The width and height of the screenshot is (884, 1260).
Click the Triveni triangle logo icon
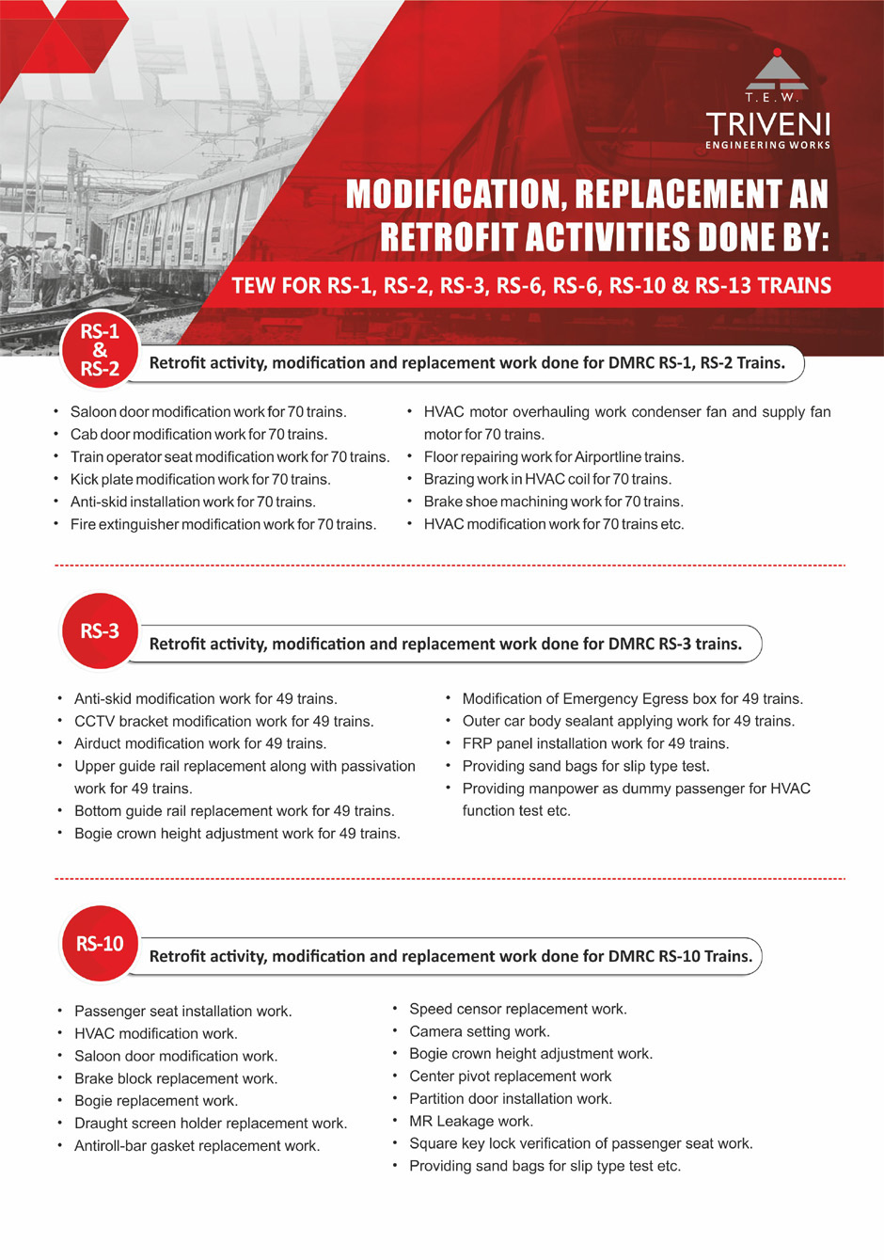[776, 70]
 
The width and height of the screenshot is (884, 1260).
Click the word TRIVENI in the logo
[767, 124]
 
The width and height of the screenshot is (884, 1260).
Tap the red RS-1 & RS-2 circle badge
[100, 350]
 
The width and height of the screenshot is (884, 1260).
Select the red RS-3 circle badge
[100, 630]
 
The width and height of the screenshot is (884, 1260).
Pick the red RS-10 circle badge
[100, 943]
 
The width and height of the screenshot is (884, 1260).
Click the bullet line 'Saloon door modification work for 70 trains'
[208, 412]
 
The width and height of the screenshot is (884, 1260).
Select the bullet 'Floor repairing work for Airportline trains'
[553, 457]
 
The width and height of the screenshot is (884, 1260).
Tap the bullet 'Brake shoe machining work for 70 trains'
[553, 502]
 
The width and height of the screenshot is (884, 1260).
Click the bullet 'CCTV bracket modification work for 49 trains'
[224, 722]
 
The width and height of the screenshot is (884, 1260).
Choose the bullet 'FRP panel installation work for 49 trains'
[595, 743]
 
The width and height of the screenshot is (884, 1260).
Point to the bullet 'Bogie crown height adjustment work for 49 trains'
[237, 834]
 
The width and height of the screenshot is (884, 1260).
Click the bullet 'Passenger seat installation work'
[182, 1012]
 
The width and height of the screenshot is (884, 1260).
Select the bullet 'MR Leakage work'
[470, 1122]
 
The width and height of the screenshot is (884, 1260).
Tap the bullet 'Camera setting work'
[479, 1032]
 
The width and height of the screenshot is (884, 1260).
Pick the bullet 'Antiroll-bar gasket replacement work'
[197, 1146]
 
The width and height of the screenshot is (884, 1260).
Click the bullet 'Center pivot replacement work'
[510, 1077]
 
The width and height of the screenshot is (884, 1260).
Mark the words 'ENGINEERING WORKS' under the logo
[767, 145]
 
